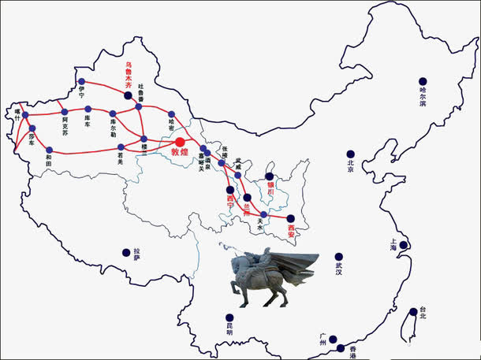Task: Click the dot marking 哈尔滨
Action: click(x=423, y=81)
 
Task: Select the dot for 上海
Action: click(x=403, y=246)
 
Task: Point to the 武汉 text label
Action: click(x=339, y=267)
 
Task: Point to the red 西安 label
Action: click(x=291, y=232)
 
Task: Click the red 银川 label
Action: click(x=270, y=190)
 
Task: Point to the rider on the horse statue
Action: click(x=264, y=262)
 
